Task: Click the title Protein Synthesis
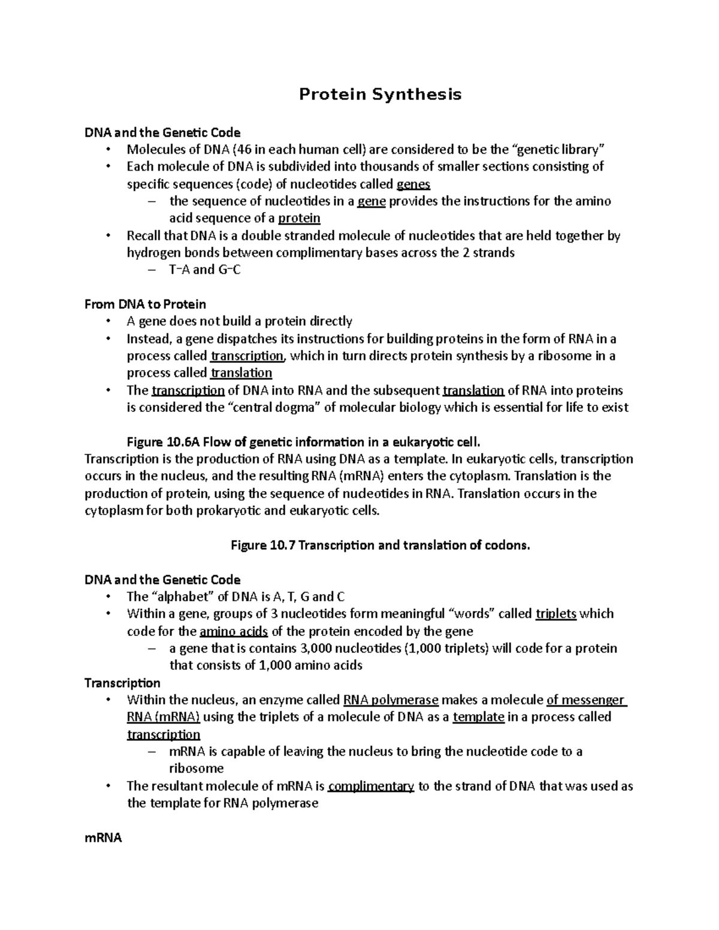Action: (380, 95)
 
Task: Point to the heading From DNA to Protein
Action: (145, 304)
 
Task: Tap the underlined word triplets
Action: (556, 614)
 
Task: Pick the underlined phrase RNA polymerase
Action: (391, 700)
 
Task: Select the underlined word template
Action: (478, 717)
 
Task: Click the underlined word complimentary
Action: (371, 786)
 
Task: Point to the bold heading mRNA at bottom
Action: (103, 838)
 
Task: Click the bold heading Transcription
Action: (122, 683)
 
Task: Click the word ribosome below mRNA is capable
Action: (197, 769)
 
